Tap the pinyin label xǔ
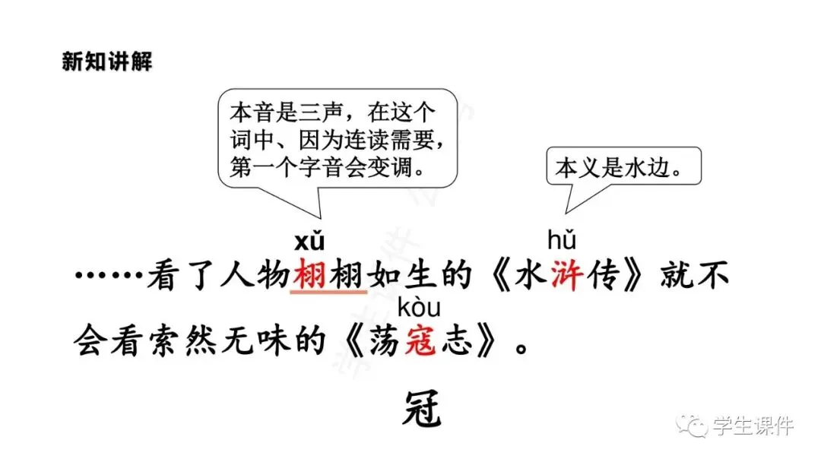[x=309, y=242]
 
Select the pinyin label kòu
[x=419, y=308]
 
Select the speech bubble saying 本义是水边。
[x=613, y=169]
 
